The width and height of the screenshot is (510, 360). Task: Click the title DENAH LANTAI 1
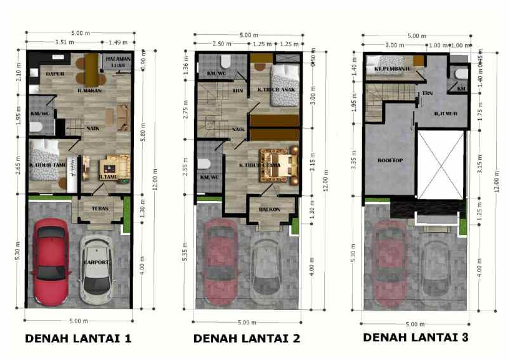[78, 338]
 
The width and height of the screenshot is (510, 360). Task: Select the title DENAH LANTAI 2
[246, 338]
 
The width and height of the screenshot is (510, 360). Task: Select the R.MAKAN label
[90, 90]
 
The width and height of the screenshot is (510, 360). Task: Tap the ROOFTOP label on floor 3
[389, 160]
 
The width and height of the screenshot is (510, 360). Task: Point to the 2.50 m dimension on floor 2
[223, 44]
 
